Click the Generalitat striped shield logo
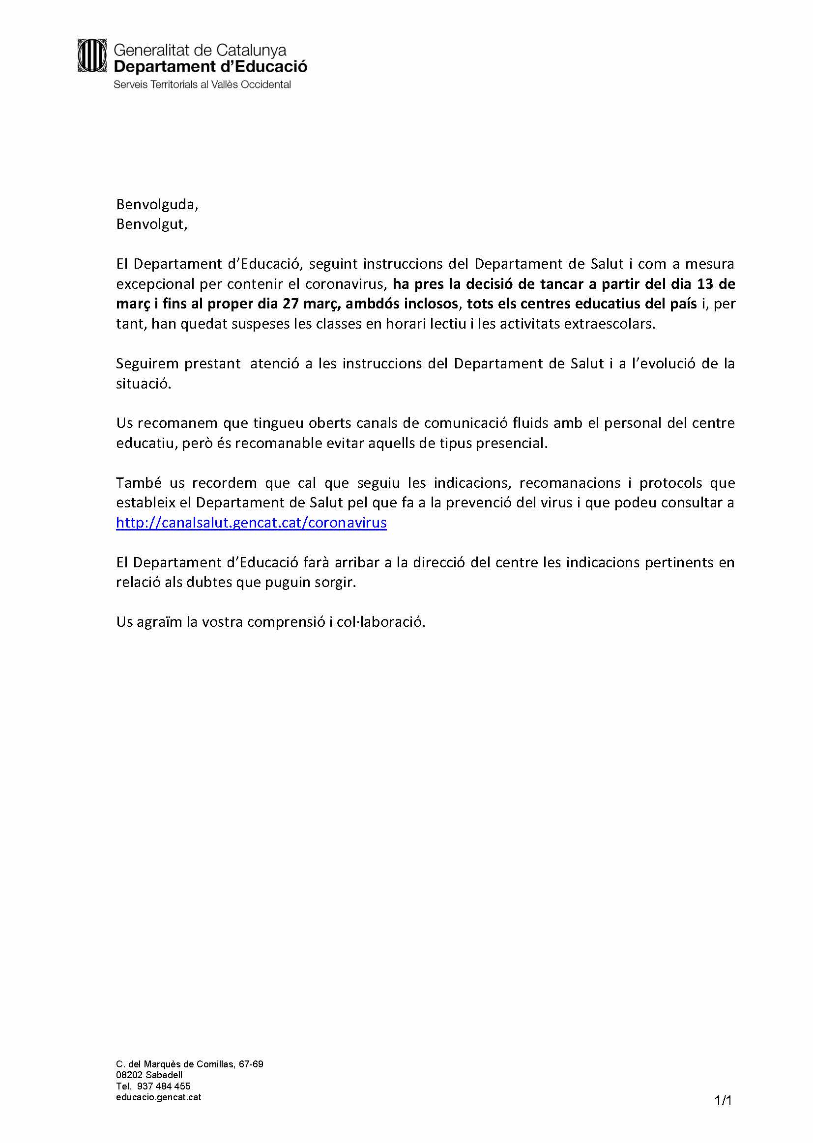click(91, 56)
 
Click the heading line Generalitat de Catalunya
click(200, 50)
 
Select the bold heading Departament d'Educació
click(210, 66)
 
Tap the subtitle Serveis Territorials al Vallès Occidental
click(202, 84)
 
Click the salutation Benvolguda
click(157, 204)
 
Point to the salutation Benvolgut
click(151, 224)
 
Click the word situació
click(143, 384)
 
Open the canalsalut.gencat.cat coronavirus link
click(251, 523)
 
